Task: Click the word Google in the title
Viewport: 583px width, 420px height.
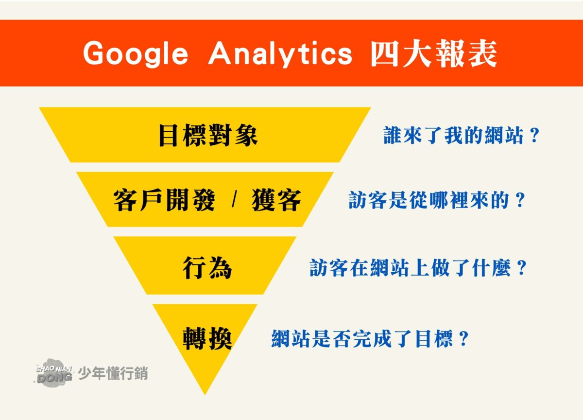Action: [x=135, y=53]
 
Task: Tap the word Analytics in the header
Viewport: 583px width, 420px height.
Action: [x=280, y=53]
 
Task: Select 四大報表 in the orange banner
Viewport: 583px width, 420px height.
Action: [x=433, y=53]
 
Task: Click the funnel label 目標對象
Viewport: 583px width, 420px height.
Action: [x=207, y=136]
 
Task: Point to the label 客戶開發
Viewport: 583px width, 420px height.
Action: [x=164, y=200]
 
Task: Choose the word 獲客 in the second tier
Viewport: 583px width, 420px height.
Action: [x=276, y=200]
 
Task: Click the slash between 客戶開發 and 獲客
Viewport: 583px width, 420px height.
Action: [x=234, y=200]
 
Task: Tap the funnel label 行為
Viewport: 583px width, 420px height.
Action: [x=207, y=267]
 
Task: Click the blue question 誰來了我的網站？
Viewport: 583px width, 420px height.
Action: [x=462, y=137]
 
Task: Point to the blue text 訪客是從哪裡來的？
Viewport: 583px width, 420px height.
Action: [x=437, y=200]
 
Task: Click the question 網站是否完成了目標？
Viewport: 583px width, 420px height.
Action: [x=369, y=338]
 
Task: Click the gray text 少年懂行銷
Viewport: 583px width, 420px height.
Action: [x=113, y=374]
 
